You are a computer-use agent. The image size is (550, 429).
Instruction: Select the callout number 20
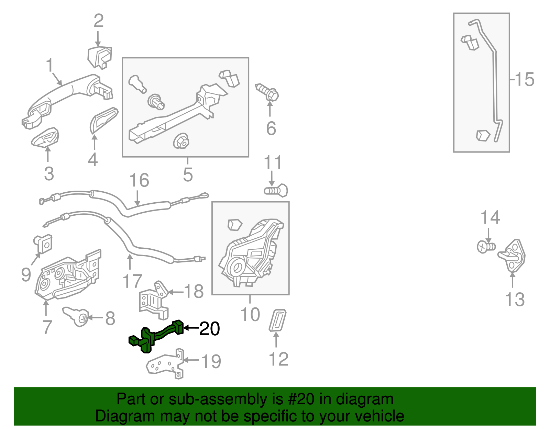click(x=210, y=329)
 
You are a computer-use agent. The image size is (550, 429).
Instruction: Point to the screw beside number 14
click(x=486, y=247)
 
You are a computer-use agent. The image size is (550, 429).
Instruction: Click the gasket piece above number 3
click(x=45, y=137)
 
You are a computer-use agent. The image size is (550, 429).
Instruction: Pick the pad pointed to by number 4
click(x=103, y=120)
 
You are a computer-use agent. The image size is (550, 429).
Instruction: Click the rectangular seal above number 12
click(x=277, y=320)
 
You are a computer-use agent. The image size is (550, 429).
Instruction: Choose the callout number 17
click(x=132, y=281)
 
